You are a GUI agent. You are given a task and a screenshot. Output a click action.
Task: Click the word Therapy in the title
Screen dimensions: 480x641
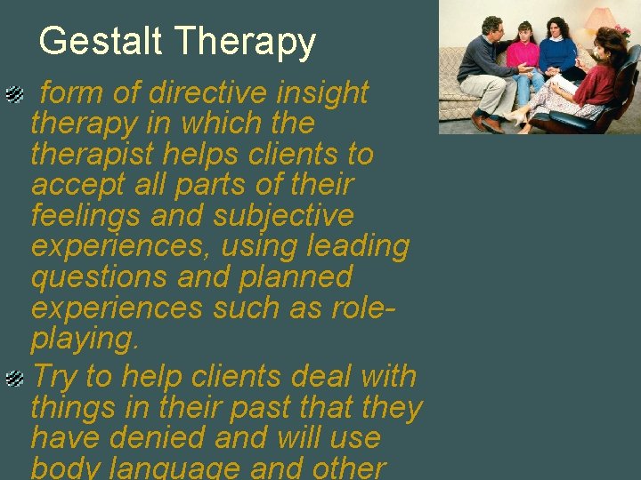(245, 42)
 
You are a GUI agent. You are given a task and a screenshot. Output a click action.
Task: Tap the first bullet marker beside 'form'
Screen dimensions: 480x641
(14, 92)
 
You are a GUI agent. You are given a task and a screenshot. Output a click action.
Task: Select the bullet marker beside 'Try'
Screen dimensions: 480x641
(14, 379)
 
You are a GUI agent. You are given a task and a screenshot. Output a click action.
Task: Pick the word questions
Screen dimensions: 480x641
(100, 277)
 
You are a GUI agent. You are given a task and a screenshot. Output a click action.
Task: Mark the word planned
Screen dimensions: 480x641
(296, 277)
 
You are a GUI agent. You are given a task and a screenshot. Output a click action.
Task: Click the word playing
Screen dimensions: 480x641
(84, 339)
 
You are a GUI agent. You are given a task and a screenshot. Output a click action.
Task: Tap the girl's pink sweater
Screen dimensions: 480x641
(523, 56)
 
